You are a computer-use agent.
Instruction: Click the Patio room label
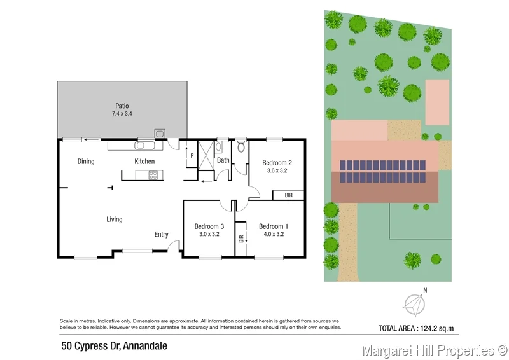point(122,106)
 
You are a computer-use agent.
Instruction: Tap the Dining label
point(86,162)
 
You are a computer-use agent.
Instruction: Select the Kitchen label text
point(144,162)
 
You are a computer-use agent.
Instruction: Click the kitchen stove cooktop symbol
point(152,176)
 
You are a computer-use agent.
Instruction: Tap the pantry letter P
point(190,156)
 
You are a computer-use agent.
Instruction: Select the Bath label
point(223,160)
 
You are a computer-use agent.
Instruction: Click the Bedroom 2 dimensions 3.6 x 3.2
point(277,170)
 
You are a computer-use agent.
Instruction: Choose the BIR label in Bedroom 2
point(288,195)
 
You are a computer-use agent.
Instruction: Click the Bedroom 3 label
point(209,226)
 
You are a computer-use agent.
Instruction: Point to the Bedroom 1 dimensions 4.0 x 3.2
point(274,234)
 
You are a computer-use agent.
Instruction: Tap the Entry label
point(162,235)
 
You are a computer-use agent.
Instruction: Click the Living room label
point(115,219)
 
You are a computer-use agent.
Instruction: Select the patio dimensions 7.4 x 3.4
point(122,114)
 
